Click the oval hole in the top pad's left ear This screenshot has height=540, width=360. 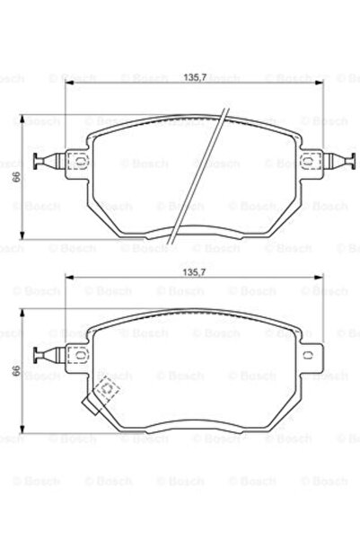coord(76,163)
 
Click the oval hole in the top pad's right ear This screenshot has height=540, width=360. coord(309,163)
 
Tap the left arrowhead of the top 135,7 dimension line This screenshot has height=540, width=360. coord(66,82)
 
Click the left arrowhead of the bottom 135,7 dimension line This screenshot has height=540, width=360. coord(66,277)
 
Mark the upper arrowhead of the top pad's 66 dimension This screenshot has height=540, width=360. coord(25,116)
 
